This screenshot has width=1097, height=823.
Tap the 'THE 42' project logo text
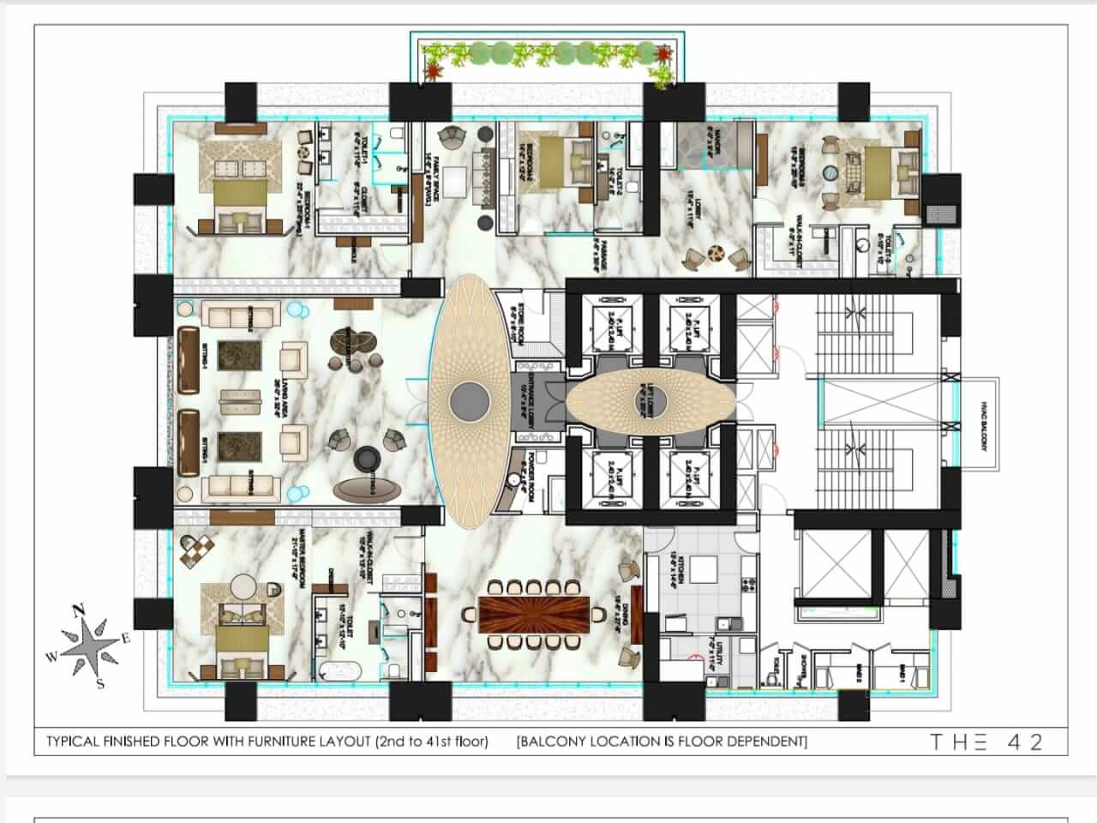[986, 742]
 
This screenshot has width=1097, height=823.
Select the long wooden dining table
[534, 614]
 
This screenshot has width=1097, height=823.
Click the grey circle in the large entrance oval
[470, 399]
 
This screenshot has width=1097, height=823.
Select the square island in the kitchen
[704, 569]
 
